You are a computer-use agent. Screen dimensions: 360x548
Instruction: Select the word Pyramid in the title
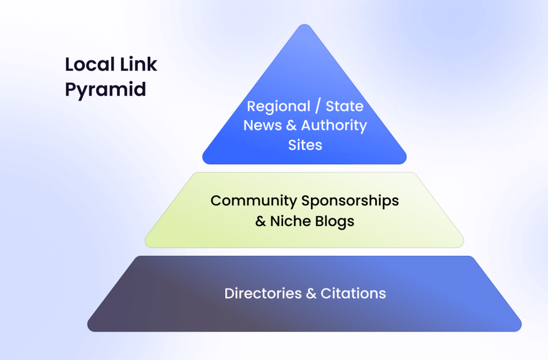[105, 89]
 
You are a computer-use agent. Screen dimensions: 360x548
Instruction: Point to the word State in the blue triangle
[344, 106]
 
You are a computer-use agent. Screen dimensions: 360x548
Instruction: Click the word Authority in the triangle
[334, 126]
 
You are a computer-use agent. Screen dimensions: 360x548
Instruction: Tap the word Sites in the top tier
[305, 145]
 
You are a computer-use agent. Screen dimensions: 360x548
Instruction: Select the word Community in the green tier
[254, 201]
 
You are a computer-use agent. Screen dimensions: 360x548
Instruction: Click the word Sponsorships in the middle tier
[350, 201]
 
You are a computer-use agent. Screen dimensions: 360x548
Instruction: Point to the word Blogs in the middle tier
[333, 220]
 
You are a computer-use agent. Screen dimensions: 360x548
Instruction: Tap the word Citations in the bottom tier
[353, 294]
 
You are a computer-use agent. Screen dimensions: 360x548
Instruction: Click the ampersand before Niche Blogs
[261, 220]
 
